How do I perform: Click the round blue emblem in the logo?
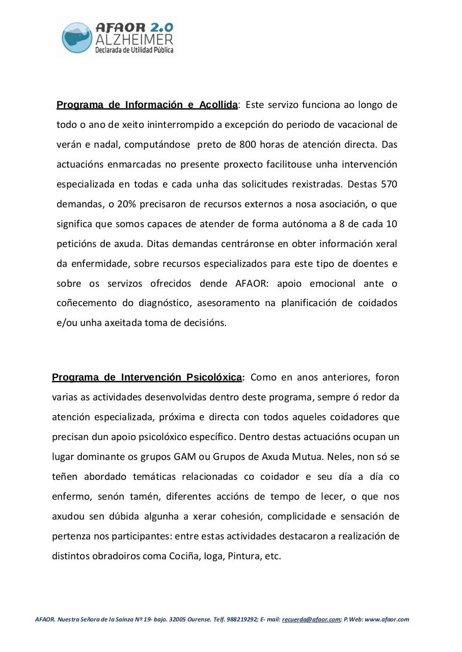77,38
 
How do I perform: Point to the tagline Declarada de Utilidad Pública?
134,50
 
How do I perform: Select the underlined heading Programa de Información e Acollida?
147,105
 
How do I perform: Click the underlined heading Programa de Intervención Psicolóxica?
147,377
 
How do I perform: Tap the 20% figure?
126,204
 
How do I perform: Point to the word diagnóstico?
164,303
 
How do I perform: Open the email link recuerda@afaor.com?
311,620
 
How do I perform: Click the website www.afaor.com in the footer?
387,620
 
